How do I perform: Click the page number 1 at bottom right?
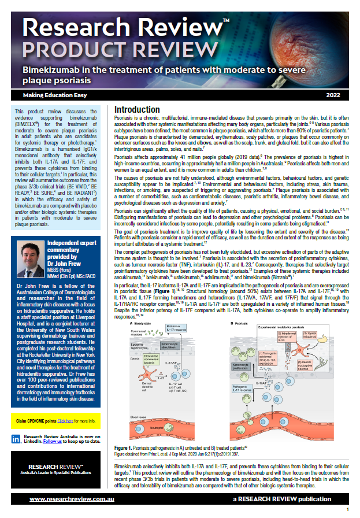pyautogui.click(x=348, y=509)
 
